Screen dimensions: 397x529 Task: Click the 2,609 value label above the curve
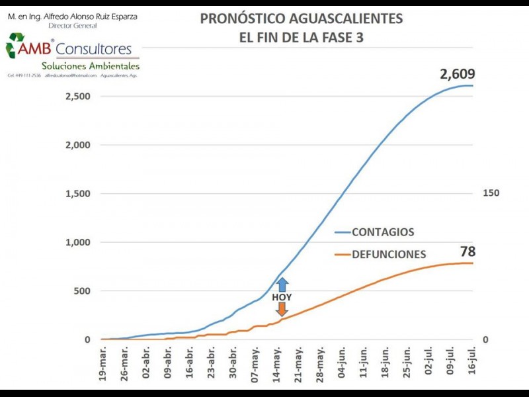458,74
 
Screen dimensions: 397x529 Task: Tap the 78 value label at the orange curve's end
468,251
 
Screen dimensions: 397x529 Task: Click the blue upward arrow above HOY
282,285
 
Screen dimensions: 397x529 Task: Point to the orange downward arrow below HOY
282,308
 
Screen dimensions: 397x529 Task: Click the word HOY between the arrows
282,297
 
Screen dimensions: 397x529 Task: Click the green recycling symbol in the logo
15,46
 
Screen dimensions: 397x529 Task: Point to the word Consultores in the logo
93,49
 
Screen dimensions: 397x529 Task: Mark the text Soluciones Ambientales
90,66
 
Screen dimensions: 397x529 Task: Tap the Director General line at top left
73,26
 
